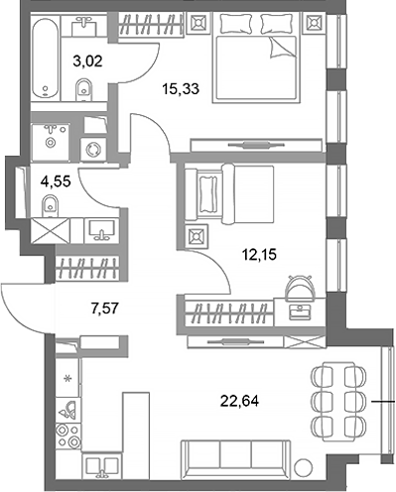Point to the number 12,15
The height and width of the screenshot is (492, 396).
coord(258,253)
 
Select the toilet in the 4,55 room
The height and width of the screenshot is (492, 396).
coord(49,206)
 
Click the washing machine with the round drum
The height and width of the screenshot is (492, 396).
coord(96,146)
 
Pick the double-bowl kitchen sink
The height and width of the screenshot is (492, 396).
coord(98,466)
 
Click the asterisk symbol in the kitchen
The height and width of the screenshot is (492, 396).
coord(67,379)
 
